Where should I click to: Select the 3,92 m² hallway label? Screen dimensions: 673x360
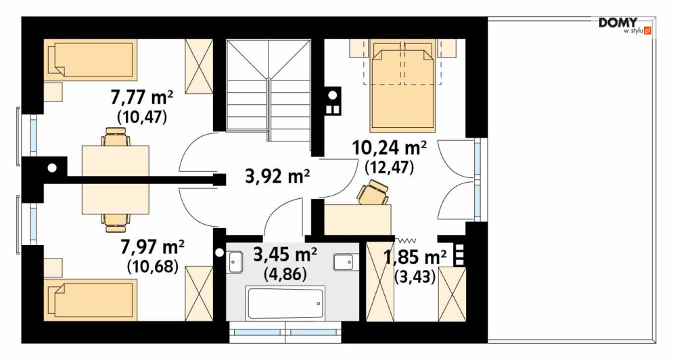(277, 176)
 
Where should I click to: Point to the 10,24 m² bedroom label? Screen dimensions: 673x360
(390, 148)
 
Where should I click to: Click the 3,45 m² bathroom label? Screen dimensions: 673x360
(285, 256)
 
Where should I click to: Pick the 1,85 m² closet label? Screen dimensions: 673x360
(415, 258)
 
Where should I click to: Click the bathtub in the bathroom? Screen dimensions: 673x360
(285, 303)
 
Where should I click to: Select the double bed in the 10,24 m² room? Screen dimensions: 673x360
(403, 85)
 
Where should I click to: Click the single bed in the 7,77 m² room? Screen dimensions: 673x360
(90, 60)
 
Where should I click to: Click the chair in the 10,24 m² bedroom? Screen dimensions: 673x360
(373, 192)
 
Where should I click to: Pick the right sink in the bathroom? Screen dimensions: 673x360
(344, 263)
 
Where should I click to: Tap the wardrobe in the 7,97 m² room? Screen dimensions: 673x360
(199, 294)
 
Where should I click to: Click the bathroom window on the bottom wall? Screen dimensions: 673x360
(285, 332)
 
